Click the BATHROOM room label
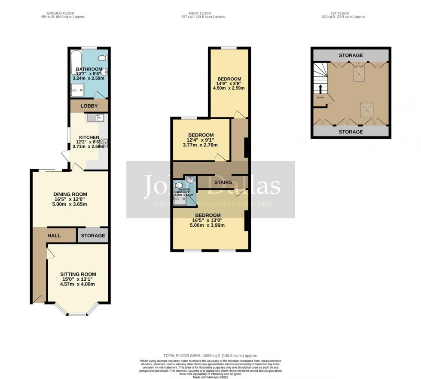[x=89, y=69]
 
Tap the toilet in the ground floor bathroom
[x=103, y=58]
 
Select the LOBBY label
[x=89, y=106]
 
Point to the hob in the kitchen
[x=104, y=143]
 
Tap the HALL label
[x=54, y=236]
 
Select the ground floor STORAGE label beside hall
[x=93, y=236]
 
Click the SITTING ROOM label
[x=78, y=274]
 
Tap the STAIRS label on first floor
[x=223, y=182]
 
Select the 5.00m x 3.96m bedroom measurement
[x=208, y=225]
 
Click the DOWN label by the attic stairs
[x=320, y=97]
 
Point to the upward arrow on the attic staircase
[x=320, y=88]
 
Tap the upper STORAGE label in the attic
[x=351, y=55]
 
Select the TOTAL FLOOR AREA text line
[x=210, y=356]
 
